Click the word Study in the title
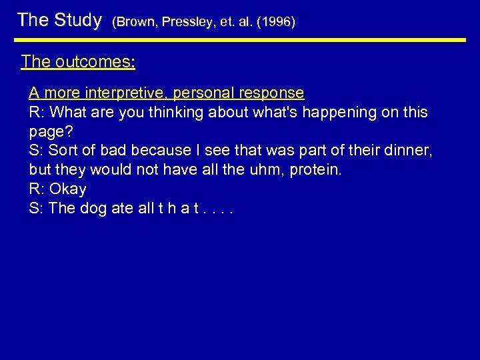(77, 20)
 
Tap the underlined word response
(273, 93)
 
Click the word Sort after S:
(64, 151)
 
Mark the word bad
(111, 151)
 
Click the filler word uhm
(265, 169)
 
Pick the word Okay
(68, 189)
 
